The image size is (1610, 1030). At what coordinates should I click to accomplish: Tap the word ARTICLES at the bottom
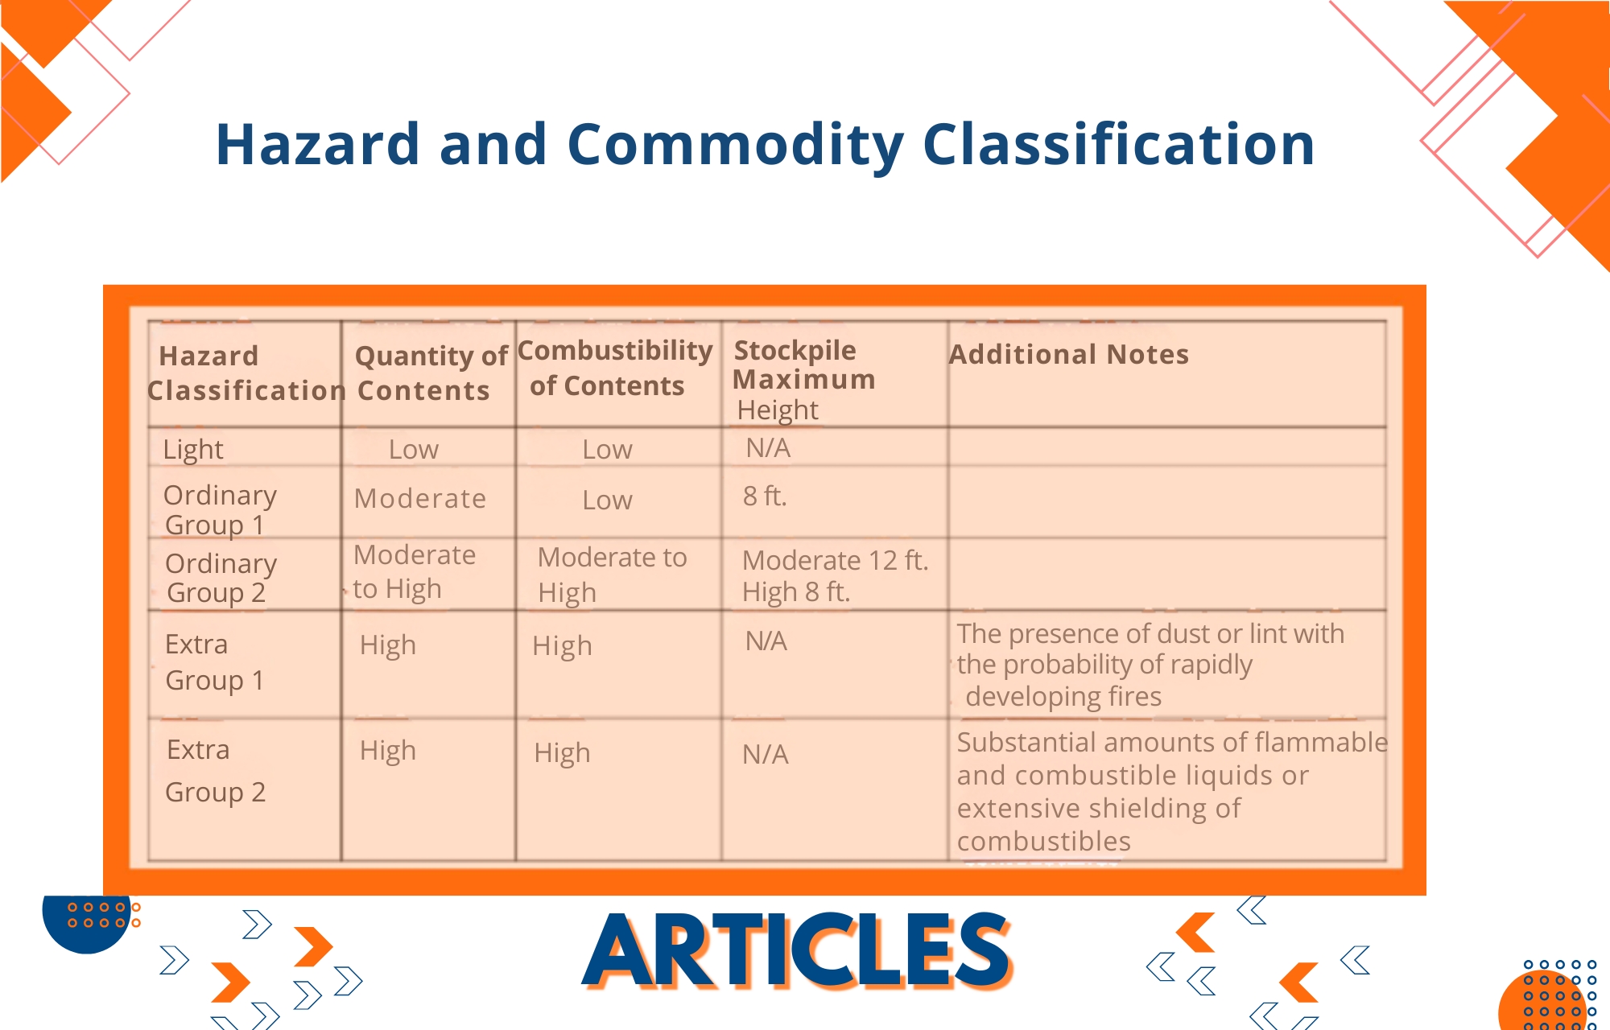click(796, 950)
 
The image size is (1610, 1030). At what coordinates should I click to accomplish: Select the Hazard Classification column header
click(246, 373)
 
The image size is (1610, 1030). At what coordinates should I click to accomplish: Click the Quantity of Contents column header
click(431, 373)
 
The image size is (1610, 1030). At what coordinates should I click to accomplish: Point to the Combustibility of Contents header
click(615, 368)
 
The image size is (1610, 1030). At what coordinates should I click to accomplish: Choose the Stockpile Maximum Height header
click(804, 380)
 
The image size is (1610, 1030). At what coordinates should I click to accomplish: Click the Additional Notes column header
click(1069, 354)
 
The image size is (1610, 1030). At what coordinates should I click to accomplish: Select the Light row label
click(193, 449)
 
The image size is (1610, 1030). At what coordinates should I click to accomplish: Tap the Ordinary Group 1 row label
click(220, 509)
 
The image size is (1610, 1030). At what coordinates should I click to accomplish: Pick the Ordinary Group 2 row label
click(221, 578)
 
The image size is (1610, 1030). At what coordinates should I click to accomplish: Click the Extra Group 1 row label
click(214, 662)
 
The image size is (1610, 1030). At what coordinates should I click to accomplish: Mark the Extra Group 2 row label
click(215, 771)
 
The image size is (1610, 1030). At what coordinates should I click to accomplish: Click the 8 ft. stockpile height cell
click(765, 496)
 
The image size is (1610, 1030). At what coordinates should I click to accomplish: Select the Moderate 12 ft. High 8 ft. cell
click(835, 576)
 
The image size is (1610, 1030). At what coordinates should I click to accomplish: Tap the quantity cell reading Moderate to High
click(415, 571)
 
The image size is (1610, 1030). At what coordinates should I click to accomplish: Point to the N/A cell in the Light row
click(768, 447)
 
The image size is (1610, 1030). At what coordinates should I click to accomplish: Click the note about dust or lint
click(1150, 665)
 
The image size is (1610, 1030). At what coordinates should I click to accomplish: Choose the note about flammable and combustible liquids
click(1172, 791)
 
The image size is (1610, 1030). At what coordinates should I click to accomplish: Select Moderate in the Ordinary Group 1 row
click(420, 499)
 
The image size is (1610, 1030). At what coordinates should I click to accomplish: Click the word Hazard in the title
click(318, 145)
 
